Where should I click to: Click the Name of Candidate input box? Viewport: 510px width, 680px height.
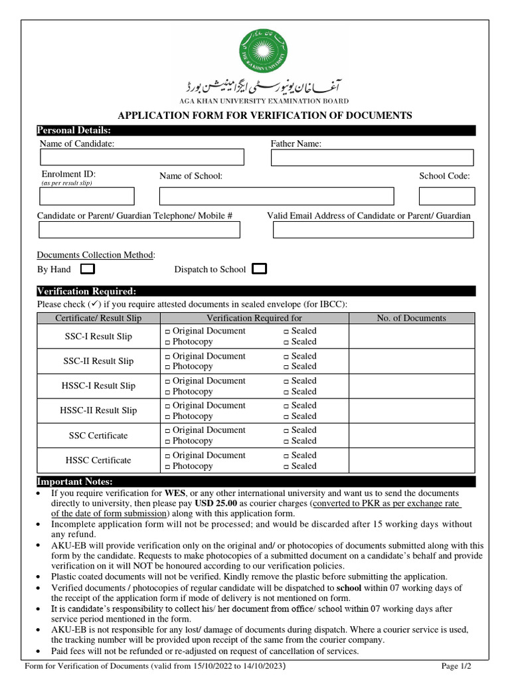pos(142,157)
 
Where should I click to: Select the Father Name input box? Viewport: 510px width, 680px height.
pos(372,157)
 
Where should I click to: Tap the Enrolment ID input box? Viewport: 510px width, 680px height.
pos(87,196)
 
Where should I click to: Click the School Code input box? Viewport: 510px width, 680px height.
pos(447,196)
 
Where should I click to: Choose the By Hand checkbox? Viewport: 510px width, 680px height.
pos(87,269)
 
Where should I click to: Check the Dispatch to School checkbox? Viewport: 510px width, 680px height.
pos(260,269)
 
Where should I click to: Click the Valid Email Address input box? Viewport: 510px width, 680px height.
pos(373,230)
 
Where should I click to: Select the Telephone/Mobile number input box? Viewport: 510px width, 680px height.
pos(139,230)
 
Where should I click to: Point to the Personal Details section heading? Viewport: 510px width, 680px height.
pos(74,130)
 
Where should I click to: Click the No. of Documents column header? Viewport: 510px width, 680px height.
pos(411,318)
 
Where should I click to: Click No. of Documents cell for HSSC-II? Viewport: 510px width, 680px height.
pos(411,410)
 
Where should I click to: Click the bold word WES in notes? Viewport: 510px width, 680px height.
pos(175,493)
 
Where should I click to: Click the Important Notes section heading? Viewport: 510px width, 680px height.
pos(74,481)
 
